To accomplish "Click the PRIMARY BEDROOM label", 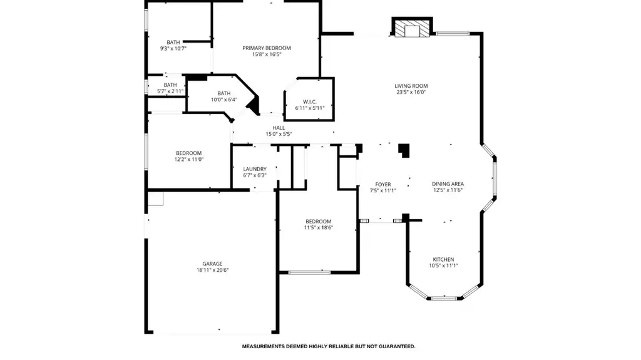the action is click(267, 48).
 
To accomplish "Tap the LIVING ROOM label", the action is click(411, 86).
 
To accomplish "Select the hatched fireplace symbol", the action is click(412, 28).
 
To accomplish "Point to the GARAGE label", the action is click(213, 264).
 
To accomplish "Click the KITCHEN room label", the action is click(444, 259).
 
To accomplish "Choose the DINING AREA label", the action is click(448, 184).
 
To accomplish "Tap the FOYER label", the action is click(383, 185).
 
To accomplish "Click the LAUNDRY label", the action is click(255, 169).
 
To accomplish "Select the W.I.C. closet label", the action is click(310, 102).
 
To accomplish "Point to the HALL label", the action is click(279, 128).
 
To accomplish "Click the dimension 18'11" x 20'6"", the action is click(213, 270).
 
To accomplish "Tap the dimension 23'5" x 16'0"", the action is click(411, 93).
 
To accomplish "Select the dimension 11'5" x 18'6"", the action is click(319, 228).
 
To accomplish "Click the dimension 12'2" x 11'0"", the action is click(189, 160).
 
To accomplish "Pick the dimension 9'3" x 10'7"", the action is click(173, 49).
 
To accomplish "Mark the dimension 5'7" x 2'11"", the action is click(170, 91).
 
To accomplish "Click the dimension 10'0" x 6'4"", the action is click(224, 100).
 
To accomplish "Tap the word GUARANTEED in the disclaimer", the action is click(396, 346).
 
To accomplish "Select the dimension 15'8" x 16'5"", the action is click(267, 54).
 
